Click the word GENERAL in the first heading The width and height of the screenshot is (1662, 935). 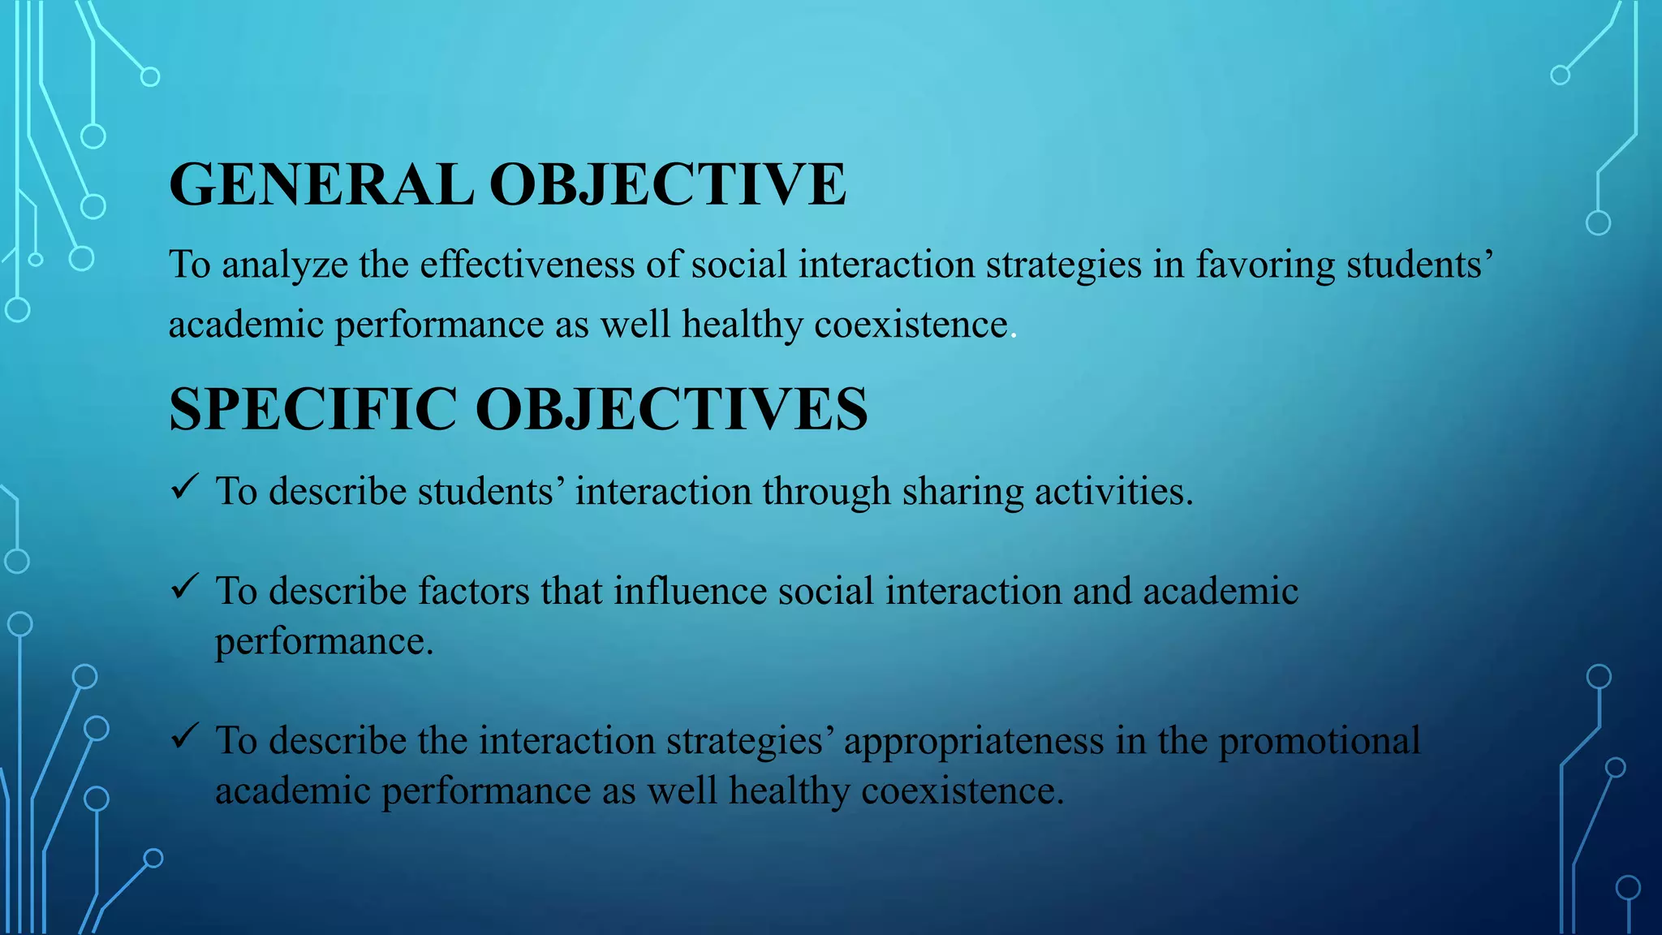(x=321, y=185)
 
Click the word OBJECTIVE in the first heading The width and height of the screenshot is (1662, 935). (x=668, y=185)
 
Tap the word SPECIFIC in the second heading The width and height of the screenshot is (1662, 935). (x=313, y=409)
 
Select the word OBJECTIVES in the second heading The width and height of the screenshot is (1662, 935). (x=671, y=409)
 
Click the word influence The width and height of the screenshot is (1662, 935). (x=690, y=591)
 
